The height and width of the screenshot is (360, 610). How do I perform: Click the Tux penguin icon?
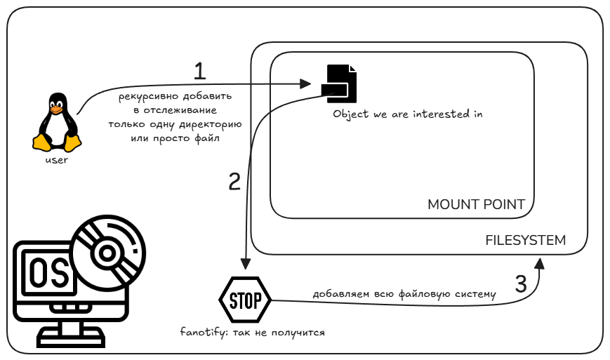(x=57, y=123)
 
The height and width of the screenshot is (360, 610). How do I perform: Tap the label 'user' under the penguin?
(x=57, y=160)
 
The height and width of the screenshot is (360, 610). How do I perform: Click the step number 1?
(x=199, y=71)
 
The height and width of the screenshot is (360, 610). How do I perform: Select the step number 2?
(x=234, y=182)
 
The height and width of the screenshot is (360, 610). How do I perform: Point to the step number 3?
(x=521, y=284)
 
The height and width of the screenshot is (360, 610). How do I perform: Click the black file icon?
(x=339, y=84)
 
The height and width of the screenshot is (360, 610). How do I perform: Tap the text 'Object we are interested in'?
(x=408, y=114)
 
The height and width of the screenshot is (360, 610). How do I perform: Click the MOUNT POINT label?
(x=476, y=204)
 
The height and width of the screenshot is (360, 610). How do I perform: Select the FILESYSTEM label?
(x=526, y=240)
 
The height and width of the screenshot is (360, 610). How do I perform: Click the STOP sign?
(x=245, y=300)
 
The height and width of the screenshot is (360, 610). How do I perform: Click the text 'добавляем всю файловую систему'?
(x=404, y=294)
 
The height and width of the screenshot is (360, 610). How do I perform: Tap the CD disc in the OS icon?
(x=109, y=253)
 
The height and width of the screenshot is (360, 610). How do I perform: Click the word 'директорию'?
(x=211, y=125)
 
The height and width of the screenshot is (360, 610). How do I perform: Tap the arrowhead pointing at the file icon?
(x=305, y=84)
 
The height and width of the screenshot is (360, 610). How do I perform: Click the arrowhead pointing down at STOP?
(x=245, y=264)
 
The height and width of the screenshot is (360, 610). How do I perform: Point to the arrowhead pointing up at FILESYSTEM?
(x=539, y=263)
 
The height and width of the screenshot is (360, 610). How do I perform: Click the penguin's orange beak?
(x=56, y=110)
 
